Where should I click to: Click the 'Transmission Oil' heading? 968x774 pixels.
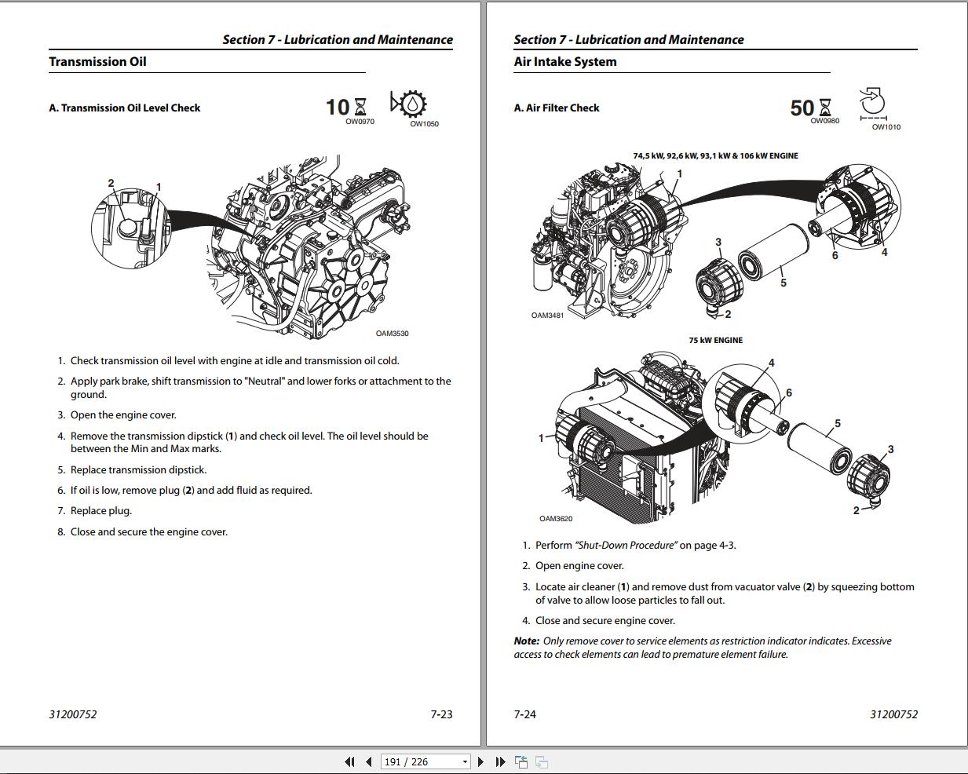[97, 62]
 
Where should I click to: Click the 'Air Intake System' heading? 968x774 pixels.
[564, 62]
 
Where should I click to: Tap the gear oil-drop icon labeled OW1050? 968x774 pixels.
[408, 104]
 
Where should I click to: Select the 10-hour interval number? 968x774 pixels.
[338, 107]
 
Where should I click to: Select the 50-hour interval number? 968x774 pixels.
[802, 108]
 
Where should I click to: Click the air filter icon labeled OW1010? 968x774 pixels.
[872, 103]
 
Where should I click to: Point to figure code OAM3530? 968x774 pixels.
[392, 334]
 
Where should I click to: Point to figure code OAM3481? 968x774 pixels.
[547, 316]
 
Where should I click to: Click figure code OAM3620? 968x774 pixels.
[556, 519]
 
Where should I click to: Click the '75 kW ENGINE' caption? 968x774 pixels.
[715, 341]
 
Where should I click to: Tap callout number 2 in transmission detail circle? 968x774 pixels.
[111, 184]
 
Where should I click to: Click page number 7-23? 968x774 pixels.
[441, 714]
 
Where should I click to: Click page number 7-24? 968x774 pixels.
[524, 714]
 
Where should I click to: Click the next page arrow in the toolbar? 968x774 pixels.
[481, 761]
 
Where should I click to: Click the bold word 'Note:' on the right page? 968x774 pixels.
[526, 641]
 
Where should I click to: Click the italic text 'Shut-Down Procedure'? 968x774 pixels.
[626, 546]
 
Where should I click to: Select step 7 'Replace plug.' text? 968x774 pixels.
[101, 511]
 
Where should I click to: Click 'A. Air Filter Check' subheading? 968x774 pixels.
[556, 108]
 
